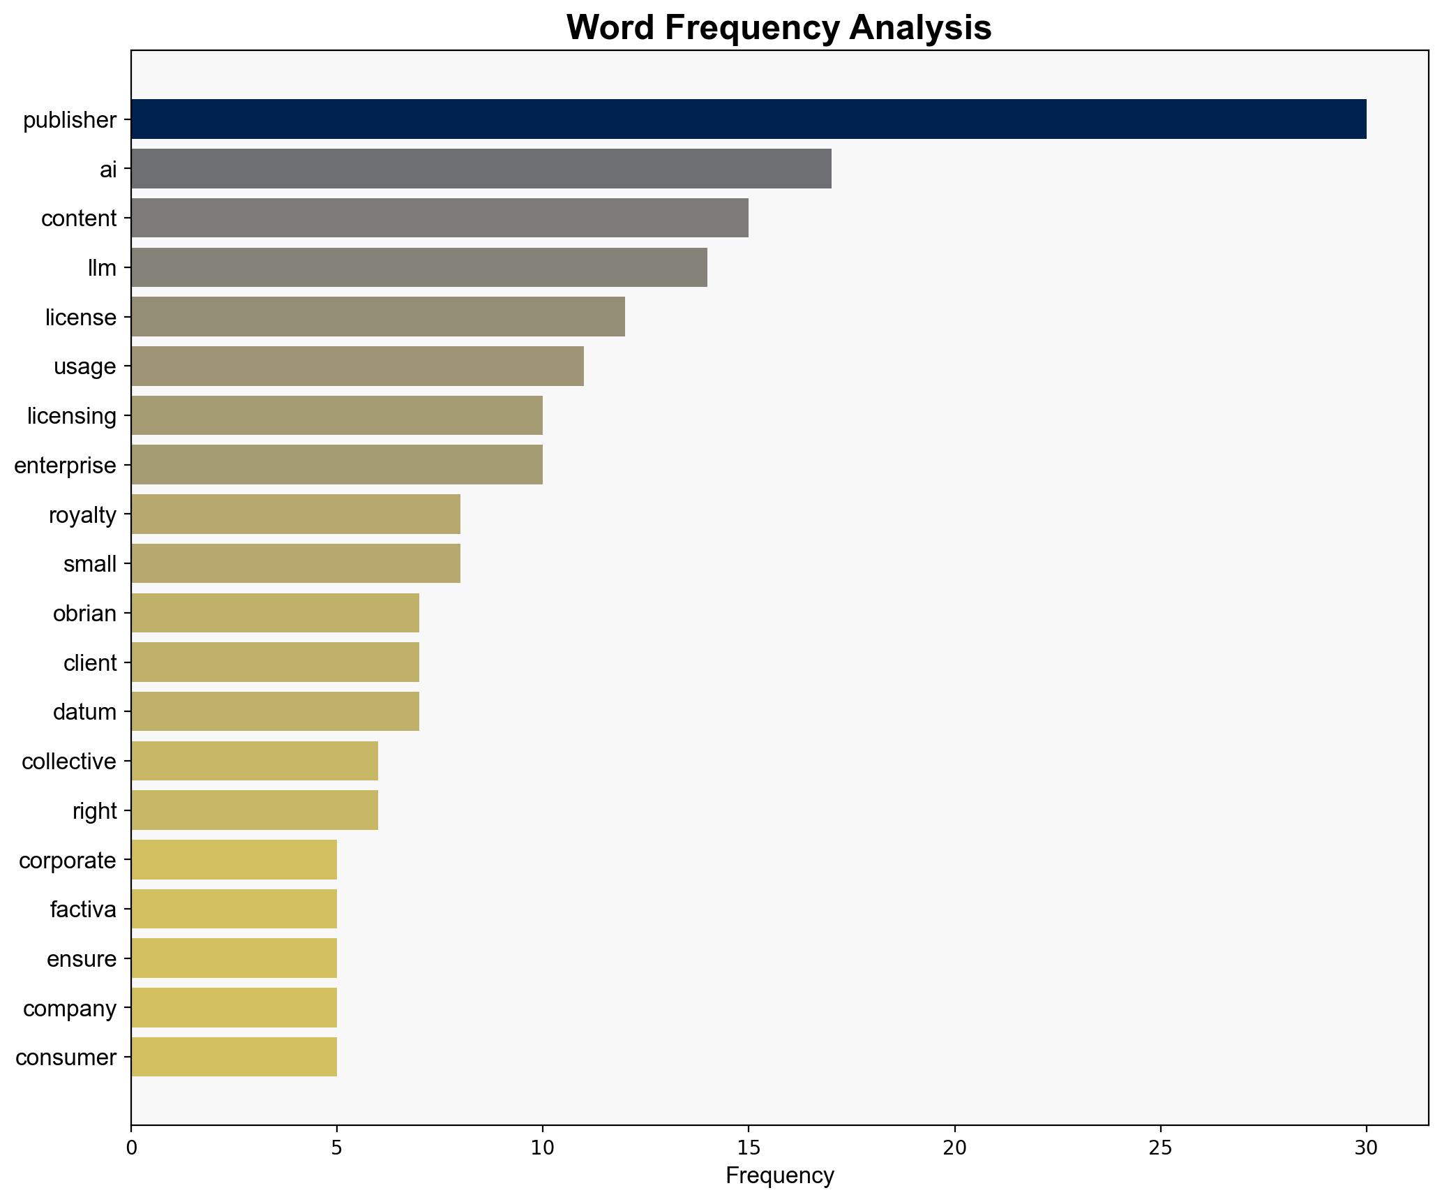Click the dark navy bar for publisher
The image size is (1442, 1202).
coord(748,119)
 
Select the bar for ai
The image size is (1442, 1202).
coord(481,169)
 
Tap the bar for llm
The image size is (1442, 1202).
coord(419,267)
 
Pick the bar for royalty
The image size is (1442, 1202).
coord(295,514)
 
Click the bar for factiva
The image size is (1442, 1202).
coord(234,909)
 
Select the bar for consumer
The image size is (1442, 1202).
coord(234,1058)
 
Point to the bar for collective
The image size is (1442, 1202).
coord(254,761)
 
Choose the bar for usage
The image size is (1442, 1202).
coord(357,366)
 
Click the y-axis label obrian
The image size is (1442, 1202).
coord(84,614)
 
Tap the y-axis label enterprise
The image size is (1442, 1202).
coord(65,466)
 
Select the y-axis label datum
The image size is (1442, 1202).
coord(84,712)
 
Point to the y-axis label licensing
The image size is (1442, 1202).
coord(72,416)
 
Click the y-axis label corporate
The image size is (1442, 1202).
coord(67,860)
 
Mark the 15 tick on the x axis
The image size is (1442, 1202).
coord(749,1147)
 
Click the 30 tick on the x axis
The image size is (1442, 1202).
coord(1366,1147)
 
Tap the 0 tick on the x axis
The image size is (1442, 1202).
coord(131,1147)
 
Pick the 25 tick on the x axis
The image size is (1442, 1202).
coord(1160,1147)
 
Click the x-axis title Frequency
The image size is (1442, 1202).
coord(779,1176)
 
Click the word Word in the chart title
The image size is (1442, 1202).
coord(610,29)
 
